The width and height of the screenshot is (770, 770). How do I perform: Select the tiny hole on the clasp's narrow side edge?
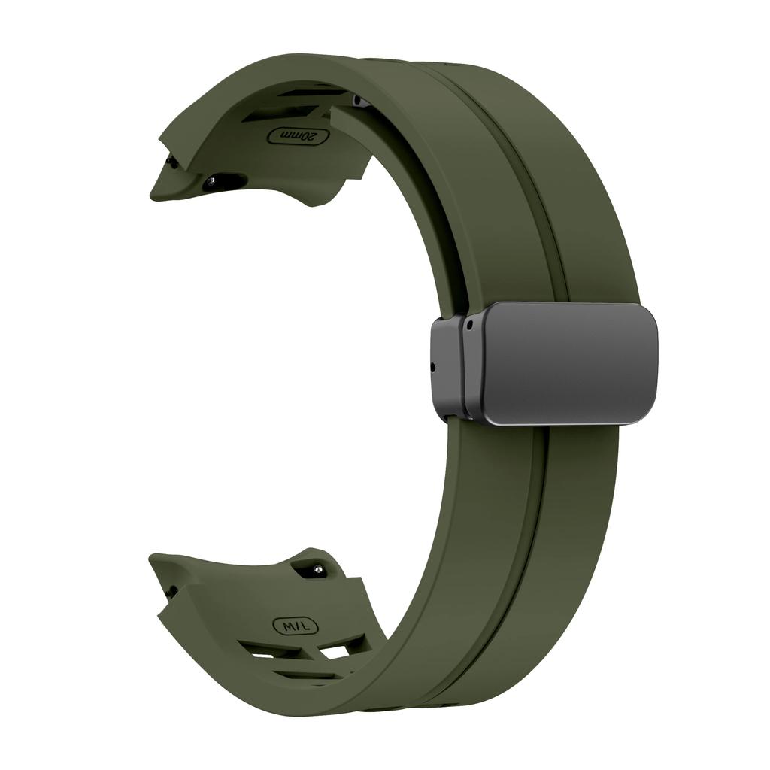tap(433, 367)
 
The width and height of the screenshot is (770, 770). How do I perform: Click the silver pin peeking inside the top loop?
tap(359, 101)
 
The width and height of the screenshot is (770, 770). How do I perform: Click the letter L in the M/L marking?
tap(306, 626)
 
